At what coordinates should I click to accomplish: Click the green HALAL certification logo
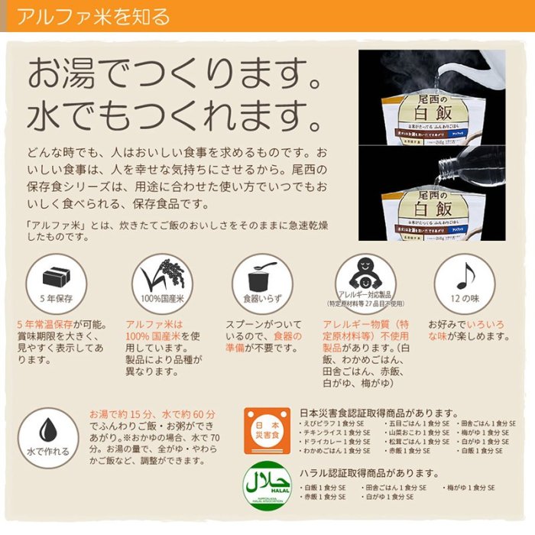(261, 482)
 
